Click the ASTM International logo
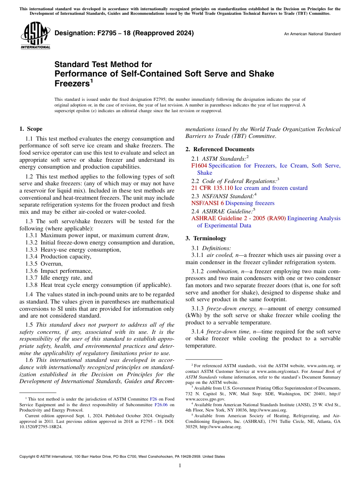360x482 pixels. (35, 36)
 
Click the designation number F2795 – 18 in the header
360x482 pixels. (124, 33)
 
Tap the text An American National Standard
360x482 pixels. (312, 34)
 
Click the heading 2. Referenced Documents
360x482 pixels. (220, 149)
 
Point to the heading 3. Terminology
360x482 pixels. (206, 238)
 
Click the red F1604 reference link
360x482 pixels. (199, 166)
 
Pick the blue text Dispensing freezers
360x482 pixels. (250, 203)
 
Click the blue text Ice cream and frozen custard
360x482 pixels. (271, 188)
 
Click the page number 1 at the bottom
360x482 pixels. (180, 466)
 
